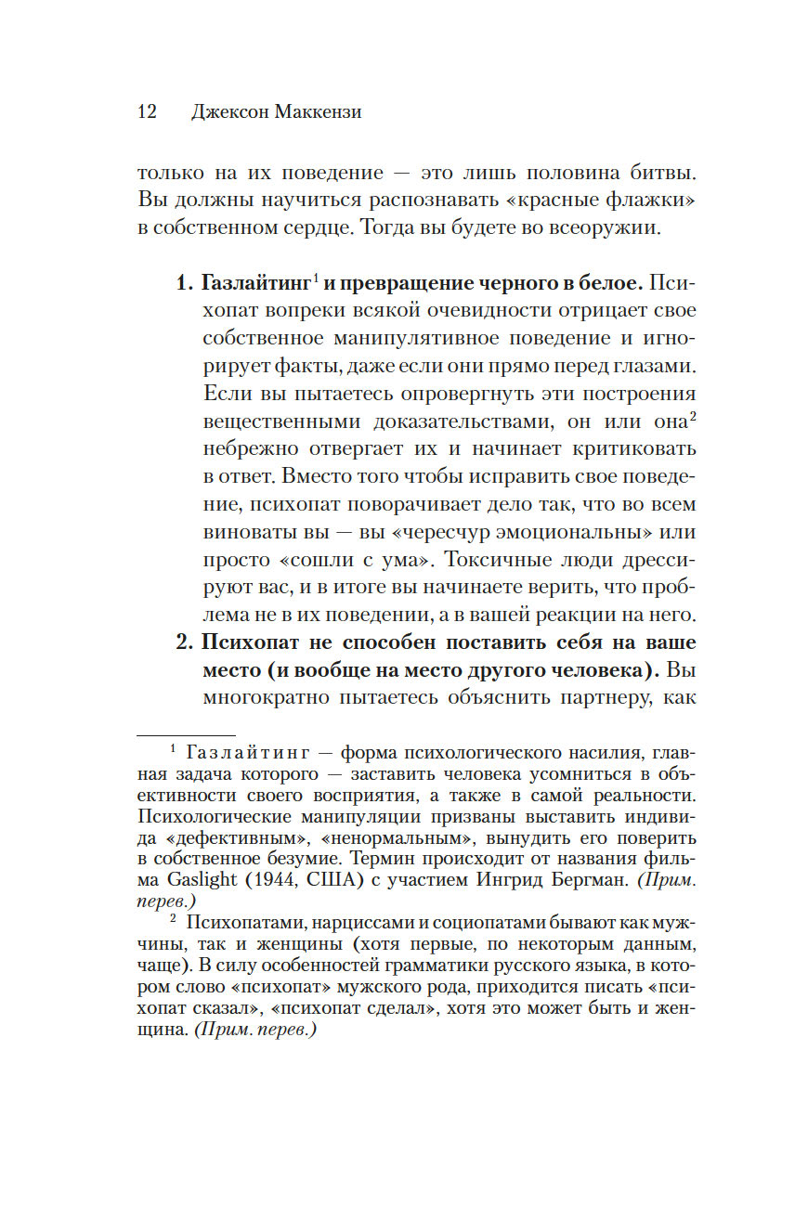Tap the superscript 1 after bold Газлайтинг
(x=316, y=278)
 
